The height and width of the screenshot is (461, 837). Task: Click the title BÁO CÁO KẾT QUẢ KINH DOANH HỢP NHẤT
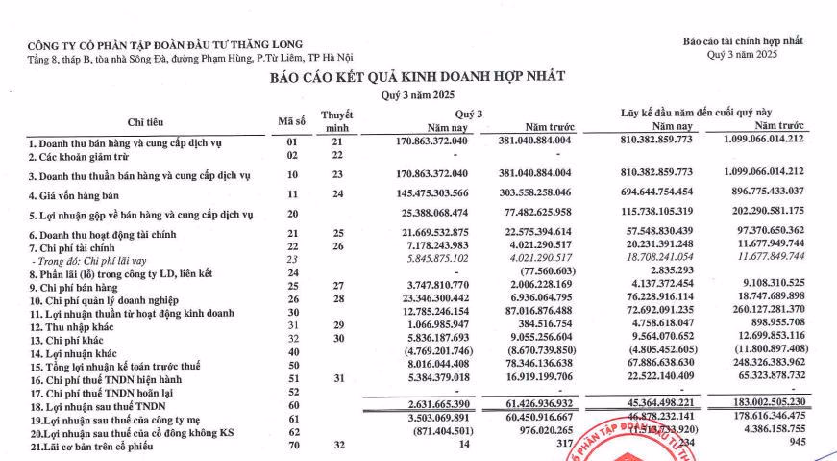pyautogui.click(x=417, y=76)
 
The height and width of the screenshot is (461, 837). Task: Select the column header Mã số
pyautogui.click(x=291, y=120)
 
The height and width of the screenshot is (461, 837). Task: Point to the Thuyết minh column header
pyautogui.click(x=337, y=120)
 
